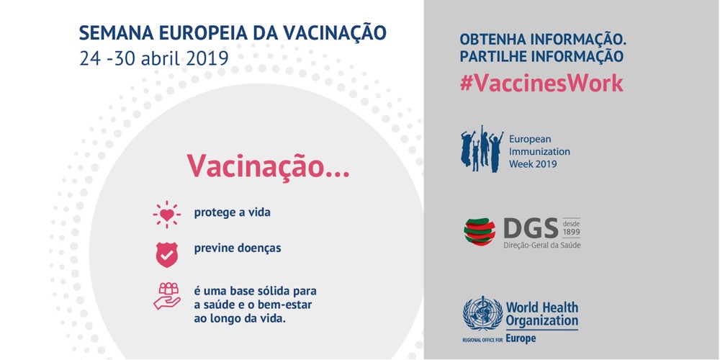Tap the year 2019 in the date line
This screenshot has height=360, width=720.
[207, 59]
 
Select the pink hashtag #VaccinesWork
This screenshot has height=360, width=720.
[541, 83]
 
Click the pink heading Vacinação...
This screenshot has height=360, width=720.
[268, 166]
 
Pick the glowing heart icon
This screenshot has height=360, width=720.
[167, 214]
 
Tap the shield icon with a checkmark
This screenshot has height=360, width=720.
[167, 254]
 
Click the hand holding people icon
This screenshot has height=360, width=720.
[167, 296]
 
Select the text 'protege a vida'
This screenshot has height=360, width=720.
[232, 213]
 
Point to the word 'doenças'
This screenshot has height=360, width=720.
[260, 248]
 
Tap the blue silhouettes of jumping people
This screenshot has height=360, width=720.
[482, 149]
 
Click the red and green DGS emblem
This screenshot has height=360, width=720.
[480, 232]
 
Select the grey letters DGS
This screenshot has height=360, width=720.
[531, 228]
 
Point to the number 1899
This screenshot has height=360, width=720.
[571, 231]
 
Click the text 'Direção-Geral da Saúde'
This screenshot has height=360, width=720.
[542, 246]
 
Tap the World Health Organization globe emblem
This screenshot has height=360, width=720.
[482, 313]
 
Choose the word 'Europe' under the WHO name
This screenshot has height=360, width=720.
[521, 339]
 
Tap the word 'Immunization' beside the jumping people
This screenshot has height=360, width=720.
[539, 151]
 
